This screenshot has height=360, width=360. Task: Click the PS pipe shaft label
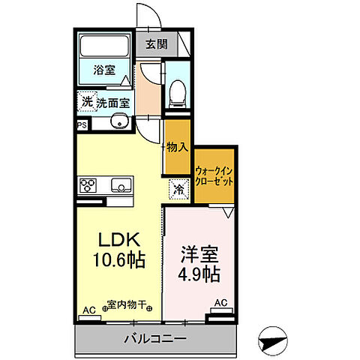[81, 126]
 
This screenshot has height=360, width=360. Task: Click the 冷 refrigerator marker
[179, 190]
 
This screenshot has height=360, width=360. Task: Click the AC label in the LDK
[88, 309]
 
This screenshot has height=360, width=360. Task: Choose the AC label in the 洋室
[220, 303]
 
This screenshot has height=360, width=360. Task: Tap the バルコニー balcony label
[155, 338]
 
